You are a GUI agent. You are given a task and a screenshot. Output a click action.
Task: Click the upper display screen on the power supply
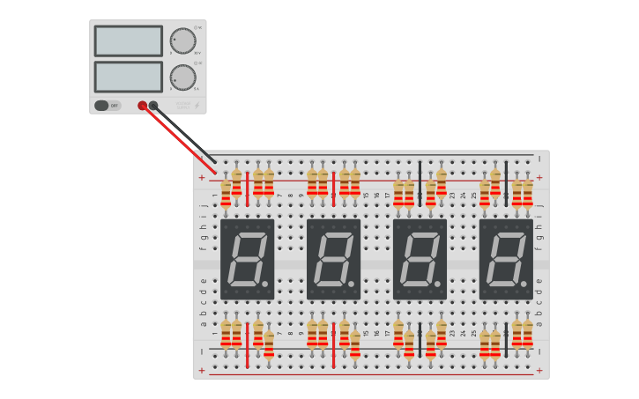point(129,41)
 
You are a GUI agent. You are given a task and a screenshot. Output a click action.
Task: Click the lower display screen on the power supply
point(129,77)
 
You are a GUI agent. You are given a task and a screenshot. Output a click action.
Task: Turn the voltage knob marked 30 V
point(182,41)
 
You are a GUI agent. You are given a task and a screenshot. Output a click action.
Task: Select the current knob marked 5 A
point(182,78)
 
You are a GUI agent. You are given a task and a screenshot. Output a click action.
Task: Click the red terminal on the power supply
point(143,106)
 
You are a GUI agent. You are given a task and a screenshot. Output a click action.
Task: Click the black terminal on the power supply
point(153,106)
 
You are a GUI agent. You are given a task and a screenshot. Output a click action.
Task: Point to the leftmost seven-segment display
point(247,259)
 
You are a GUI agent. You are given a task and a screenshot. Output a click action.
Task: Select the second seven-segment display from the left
point(333,259)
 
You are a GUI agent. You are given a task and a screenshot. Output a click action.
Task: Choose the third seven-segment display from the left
point(420,259)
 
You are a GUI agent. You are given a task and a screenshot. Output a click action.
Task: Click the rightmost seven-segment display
point(506,259)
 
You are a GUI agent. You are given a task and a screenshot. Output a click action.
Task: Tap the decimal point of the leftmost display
point(264,284)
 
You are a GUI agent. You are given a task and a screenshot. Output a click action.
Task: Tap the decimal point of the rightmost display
point(524,284)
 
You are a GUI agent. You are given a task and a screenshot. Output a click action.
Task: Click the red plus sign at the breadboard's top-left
point(201,177)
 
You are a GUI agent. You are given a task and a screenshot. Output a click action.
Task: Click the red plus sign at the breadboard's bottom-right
point(539,371)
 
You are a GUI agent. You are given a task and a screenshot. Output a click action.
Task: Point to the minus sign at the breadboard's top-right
point(539,159)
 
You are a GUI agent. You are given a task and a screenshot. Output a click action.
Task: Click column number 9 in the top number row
point(301,195)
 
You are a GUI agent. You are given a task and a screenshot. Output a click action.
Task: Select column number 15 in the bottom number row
point(366,333)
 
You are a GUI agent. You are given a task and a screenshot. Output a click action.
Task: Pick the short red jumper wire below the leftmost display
point(248,345)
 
